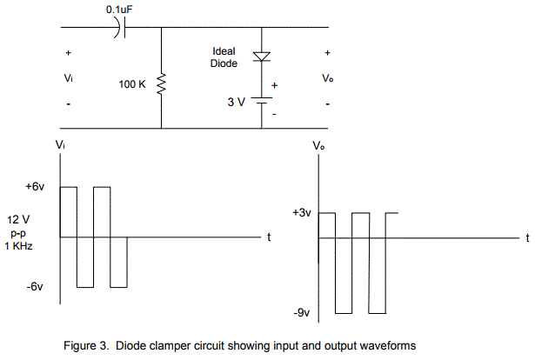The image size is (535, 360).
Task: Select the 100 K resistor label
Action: (133, 85)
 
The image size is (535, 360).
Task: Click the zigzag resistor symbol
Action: (161, 84)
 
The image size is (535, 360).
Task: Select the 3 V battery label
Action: (237, 102)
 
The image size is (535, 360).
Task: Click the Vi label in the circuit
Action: (69, 78)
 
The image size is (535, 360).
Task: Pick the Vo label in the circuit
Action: (327, 78)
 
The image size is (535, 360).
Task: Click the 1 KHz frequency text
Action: (22, 246)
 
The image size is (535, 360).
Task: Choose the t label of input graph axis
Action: (270, 237)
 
